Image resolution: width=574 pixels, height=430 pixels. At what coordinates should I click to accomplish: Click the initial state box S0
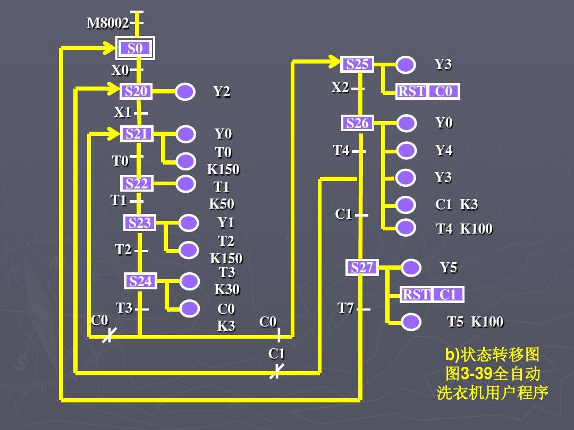click(135, 49)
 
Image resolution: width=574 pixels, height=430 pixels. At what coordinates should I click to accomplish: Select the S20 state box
click(136, 92)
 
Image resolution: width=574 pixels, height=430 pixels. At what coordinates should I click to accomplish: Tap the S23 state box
click(139, 223)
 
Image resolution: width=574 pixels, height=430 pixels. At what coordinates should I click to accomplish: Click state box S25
click(357, 64)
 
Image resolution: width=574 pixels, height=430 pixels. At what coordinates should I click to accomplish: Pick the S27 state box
click(362, 268)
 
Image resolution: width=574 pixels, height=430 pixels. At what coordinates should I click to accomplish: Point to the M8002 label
click(107, 23)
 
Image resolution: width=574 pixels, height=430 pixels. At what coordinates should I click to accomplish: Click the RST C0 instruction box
click(427, 92)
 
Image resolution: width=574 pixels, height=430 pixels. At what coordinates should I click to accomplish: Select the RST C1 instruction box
click(432, 295)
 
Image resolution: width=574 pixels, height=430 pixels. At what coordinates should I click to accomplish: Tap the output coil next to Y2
click(185, 92)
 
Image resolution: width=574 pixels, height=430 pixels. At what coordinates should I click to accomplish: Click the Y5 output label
click(448, 268)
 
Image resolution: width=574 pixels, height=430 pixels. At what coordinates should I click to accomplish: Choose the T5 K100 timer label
click(475, 322)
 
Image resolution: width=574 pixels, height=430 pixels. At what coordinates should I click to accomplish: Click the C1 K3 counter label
click(456, 204)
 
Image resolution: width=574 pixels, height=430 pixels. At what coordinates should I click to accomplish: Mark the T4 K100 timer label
click(463, 229)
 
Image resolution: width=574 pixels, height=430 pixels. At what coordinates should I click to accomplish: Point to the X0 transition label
click(120, 70)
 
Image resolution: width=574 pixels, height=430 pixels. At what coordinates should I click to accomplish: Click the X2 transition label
click(340, 87)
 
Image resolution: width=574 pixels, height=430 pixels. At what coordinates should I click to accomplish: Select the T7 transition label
click(345, 308)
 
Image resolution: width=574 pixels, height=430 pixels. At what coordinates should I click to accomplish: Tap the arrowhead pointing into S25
click(335, 62)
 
